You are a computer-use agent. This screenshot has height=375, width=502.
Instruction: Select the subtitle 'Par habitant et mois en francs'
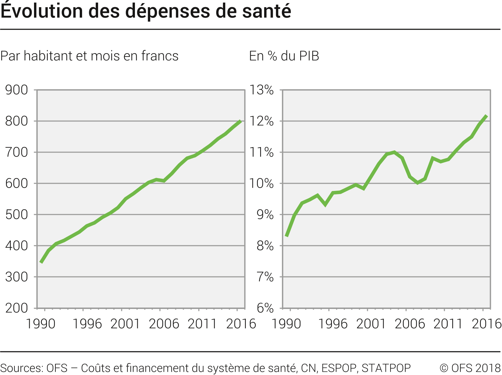[89, 56]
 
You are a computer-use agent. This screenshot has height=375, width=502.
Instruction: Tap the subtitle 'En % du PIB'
[284, 56]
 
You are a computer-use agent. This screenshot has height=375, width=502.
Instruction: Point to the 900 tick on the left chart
[17, 90]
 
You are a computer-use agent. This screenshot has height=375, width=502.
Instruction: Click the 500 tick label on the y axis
[17, 215]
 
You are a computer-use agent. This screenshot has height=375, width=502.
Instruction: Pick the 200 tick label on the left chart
[17, 308]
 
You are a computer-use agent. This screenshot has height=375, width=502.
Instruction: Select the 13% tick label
[262, 90]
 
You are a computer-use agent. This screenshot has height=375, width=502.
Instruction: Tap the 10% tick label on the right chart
[262, 183]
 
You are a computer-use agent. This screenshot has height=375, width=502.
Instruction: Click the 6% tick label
[265, 308]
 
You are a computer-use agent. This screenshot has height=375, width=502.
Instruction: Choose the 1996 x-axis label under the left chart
[87, 324]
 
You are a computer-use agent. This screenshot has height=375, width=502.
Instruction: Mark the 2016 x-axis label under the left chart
[241, 324]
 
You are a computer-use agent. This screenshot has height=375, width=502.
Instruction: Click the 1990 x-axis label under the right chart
[286, 324]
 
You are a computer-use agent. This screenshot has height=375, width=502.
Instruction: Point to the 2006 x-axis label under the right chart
[410, 324]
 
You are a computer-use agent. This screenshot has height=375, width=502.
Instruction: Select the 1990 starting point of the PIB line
[286, 236]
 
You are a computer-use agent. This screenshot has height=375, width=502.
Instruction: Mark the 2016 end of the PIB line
[487, 115]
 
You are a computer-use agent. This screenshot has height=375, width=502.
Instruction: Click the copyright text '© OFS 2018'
[470, 368]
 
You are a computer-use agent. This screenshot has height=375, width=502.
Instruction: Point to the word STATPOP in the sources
[386, 368]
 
